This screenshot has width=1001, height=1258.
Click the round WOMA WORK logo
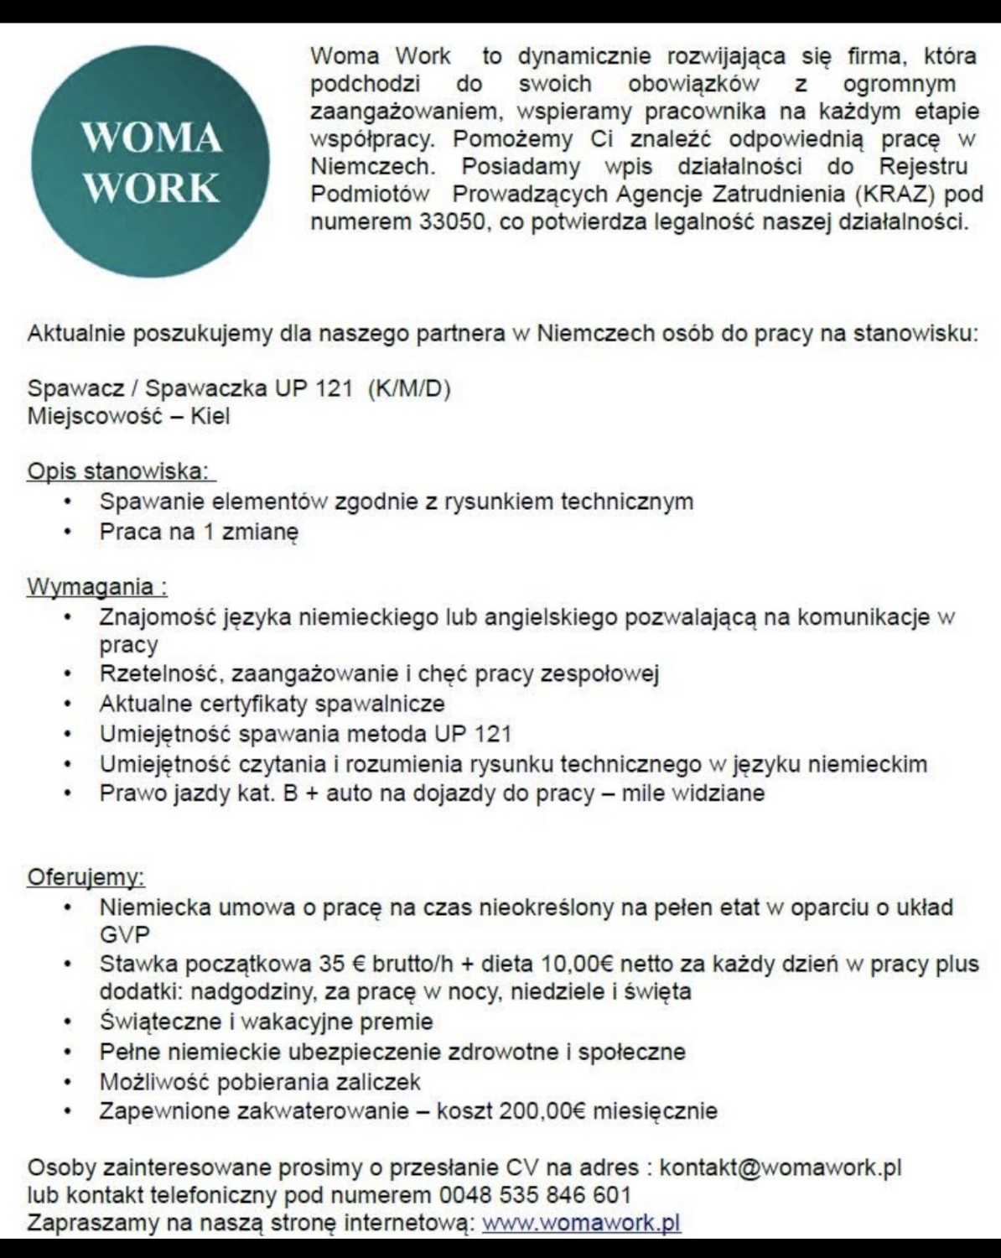tap(151, 161)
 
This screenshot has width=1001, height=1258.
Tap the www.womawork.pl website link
tap(581, 1222)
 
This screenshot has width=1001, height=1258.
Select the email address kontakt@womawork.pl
tap(780, 1167)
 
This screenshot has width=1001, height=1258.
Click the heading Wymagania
tap(96, 586)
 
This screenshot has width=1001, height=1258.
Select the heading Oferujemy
tap(86, 877)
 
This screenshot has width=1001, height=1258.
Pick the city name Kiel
tap(210, 416)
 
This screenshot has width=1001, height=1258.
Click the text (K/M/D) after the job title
tap(409, 388)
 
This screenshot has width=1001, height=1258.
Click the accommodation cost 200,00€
tap(542, 1111)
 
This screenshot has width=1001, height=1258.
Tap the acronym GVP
tap(124, 935)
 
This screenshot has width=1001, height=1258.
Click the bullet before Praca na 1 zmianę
tap(67, 532)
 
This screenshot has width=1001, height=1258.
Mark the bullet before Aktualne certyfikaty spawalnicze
tap(67, 704)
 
